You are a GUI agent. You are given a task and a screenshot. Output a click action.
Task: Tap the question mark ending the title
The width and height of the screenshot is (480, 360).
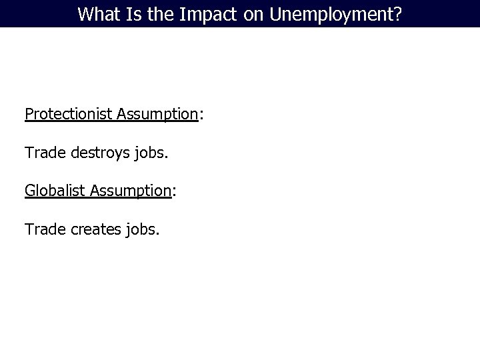tap(398, 14)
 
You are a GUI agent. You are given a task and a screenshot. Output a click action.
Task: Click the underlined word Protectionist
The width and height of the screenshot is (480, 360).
tap(69, 114)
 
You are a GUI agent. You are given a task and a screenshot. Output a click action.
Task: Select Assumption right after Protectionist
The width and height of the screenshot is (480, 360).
tap(157, 114)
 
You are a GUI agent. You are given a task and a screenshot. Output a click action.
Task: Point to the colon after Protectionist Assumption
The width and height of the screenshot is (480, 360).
tap(201, 115)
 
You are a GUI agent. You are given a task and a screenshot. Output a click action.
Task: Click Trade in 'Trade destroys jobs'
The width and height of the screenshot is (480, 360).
tap(43, 153)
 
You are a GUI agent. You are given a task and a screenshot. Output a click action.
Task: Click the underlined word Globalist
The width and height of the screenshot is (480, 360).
tap(55, 191)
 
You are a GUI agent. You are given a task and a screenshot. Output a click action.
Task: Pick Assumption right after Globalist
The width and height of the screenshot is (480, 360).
tap(131, 191)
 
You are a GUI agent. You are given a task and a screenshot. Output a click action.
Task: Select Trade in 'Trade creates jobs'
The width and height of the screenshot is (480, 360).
tap(43, 230)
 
